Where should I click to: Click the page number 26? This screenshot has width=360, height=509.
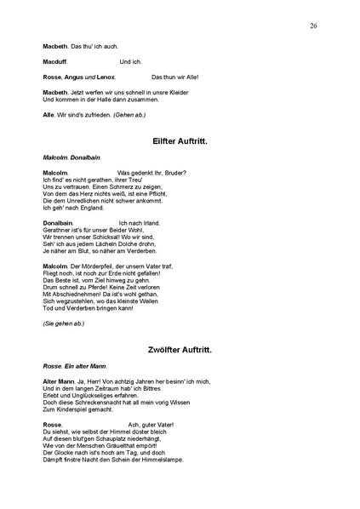point(313,26)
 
